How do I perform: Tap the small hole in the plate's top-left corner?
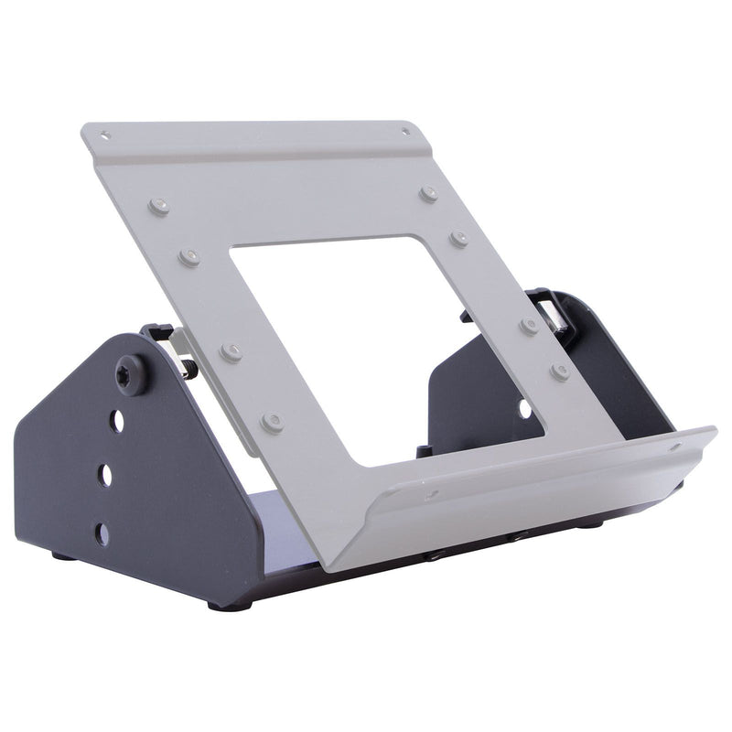pyautogui.click(x=106, y=136)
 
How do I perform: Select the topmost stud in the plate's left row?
pyautogui.click(x=161, y=206)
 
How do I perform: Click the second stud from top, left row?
pyautogui.click(x=190, y=256)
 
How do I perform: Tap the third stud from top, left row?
pyautogui.click(x=231, y=351)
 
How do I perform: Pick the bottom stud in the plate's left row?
pyautogui.click(x=271, y=421)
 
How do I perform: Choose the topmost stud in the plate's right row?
pyautogui.click(x=428, y=194)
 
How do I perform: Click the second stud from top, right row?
pyautogui.click(x=458, y=239)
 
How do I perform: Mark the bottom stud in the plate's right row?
pyautogui.click(x=560, y=371)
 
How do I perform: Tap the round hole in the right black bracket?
pyautogui.click(x=525, y=406)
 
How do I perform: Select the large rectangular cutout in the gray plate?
pyautogui.click(x=384, y=339)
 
